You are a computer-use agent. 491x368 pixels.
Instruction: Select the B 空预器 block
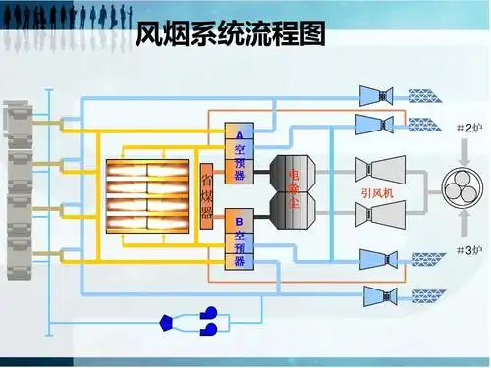pos(240,239)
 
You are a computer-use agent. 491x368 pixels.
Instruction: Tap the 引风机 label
pos(377,194)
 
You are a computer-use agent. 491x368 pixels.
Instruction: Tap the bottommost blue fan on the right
pos(377,293)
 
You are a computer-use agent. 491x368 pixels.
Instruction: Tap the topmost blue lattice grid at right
pos(426,95)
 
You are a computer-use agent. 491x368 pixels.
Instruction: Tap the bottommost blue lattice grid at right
pos(426,294)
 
